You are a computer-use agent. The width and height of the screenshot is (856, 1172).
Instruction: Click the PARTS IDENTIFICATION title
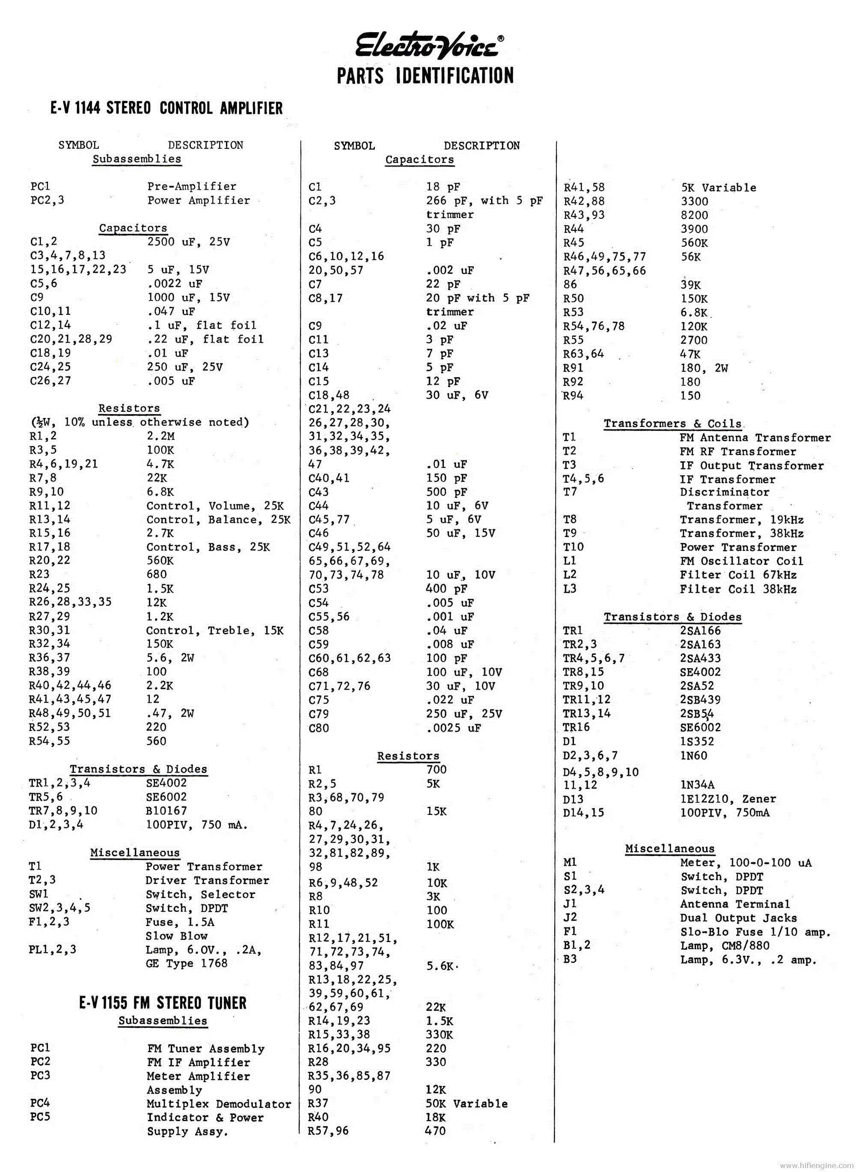point(425,76)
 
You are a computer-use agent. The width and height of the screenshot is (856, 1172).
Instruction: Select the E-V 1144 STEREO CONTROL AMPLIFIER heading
point(166,108)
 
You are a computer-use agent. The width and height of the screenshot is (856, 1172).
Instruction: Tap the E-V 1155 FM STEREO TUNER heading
point(163,1002)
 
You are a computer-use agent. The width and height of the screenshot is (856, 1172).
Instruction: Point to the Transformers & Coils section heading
point(672,423)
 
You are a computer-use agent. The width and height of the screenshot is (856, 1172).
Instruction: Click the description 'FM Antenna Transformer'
point(755,438)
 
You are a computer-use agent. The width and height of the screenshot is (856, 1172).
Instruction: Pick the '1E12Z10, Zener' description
point(728,799)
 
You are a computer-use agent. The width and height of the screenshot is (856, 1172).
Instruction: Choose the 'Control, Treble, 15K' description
point(214,631)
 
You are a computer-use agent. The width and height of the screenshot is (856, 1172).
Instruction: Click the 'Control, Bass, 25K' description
point(208,547)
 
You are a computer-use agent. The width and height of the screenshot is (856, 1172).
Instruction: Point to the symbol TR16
point(576,727)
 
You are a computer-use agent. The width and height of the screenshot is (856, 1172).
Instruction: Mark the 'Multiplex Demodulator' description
point(219,1104)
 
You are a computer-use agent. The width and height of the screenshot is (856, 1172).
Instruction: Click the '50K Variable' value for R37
point(467,1103)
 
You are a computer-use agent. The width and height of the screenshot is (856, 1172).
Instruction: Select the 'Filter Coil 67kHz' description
point(738,575)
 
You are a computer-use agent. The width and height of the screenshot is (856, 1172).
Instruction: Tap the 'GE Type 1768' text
point(187,963)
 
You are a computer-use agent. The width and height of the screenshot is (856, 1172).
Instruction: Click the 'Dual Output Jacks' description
point(738,918)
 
